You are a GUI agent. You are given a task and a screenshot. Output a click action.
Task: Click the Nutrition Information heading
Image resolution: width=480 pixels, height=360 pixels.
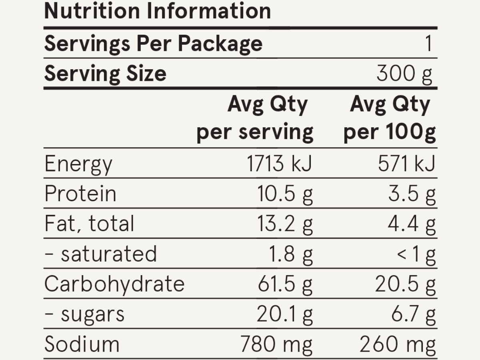pos(157,11)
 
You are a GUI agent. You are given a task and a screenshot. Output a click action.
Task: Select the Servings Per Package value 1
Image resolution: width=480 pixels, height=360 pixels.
pos(428,44)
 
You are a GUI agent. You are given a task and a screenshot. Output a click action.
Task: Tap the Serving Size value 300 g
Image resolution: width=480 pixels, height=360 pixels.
pos(404,74)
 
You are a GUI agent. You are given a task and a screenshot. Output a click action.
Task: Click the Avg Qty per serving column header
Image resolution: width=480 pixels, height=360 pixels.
pos(255,119)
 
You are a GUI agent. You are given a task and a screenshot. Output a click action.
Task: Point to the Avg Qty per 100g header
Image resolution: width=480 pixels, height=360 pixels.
pos(390,119)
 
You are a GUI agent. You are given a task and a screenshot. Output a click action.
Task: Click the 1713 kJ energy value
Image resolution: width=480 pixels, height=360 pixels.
pos(279,164)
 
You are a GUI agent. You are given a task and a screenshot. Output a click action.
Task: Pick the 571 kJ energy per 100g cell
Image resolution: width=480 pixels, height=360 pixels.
pos(406,164)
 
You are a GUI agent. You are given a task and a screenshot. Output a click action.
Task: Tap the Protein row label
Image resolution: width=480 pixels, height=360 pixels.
pos(80,194)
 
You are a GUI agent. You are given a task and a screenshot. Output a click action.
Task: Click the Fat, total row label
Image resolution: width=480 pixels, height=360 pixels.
pos(89,224)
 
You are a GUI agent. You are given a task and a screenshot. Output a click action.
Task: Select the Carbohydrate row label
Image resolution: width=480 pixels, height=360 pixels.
pos(114,284)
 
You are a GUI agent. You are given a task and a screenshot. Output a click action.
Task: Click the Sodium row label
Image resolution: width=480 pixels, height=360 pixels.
pos(82,344)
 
